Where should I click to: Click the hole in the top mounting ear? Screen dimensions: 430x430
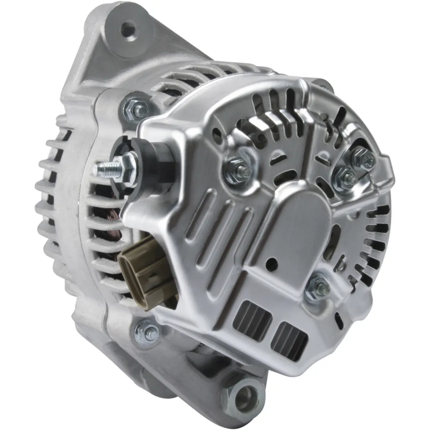click(x=128, y=30)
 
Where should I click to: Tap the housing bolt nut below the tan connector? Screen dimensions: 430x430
click(x=147, y=332)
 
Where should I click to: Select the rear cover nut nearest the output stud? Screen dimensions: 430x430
click(x=237, y=170)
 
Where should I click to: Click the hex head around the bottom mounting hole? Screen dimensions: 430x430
click(x=244, y=395)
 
